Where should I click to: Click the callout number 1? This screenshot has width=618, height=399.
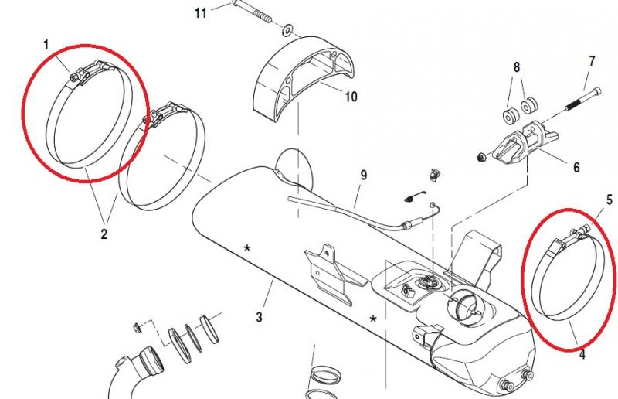click(x=46, y=45)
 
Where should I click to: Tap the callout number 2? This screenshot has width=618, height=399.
click(x=104, y=231)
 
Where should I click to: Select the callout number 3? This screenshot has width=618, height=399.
click(x=260, y=317)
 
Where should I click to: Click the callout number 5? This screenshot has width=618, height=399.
click(x=609, y=199)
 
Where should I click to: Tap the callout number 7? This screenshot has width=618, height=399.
click(x=592, y=60)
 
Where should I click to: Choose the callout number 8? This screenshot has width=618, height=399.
click(x=517, y=67)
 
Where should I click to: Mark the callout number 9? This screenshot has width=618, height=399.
click(x=362, y=176)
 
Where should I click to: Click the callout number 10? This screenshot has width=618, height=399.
click(x=351, y=97)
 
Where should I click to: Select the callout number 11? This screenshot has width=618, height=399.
click(x=201, y=13)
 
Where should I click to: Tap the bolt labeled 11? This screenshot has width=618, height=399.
click(x=254, y=19)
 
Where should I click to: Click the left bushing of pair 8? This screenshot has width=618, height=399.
click(x=508, y=118)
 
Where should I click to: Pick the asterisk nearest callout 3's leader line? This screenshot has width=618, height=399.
click(x=247, y=248)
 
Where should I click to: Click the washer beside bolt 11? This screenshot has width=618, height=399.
click(x=287, y=30)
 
